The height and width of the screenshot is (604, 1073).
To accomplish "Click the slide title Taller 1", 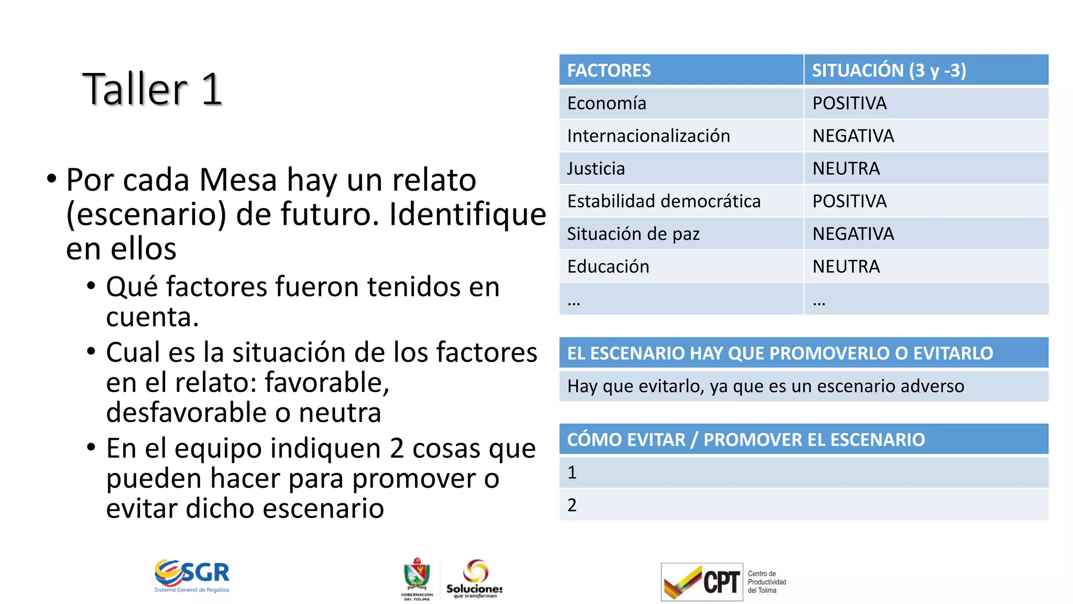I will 152,89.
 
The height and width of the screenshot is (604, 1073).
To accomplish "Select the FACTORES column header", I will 609,70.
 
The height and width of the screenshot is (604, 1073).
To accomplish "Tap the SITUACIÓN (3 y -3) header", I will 889,70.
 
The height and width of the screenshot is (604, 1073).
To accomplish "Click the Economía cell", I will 607,103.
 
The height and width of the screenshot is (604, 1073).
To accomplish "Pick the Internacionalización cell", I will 648,136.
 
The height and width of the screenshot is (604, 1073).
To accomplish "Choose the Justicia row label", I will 596,168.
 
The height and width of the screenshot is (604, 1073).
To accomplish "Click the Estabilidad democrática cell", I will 663,201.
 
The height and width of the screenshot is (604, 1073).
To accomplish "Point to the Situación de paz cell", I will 633,234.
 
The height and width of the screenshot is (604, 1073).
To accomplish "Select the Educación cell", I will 608,266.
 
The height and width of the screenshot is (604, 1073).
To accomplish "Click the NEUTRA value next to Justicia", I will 846,168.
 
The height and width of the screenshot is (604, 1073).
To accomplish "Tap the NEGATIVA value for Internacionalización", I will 853,136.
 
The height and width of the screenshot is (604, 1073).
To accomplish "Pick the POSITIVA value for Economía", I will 849,103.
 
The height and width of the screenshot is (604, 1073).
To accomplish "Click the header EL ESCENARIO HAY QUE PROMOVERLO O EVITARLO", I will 780,353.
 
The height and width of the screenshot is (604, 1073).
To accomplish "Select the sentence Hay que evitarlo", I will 765,386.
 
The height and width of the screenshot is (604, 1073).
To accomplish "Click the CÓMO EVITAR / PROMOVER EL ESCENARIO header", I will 746,439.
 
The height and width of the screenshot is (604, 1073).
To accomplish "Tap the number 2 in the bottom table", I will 572,505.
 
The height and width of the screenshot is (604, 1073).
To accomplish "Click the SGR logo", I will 192,575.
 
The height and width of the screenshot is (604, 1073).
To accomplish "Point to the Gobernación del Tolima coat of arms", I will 417,575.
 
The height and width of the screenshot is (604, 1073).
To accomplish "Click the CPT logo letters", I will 721,582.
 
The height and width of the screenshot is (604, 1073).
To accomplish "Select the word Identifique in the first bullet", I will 467,214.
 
